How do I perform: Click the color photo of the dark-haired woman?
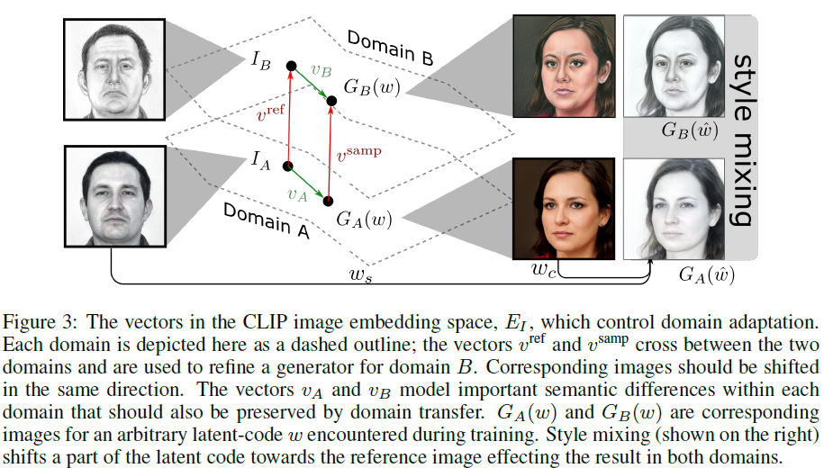click(564, 208)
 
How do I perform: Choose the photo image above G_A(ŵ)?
click(676, 208)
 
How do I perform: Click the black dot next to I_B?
click(291, 65)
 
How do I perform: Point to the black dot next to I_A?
click(288, 166)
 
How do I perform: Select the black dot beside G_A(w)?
click(328, 200)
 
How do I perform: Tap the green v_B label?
click(321, 68)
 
